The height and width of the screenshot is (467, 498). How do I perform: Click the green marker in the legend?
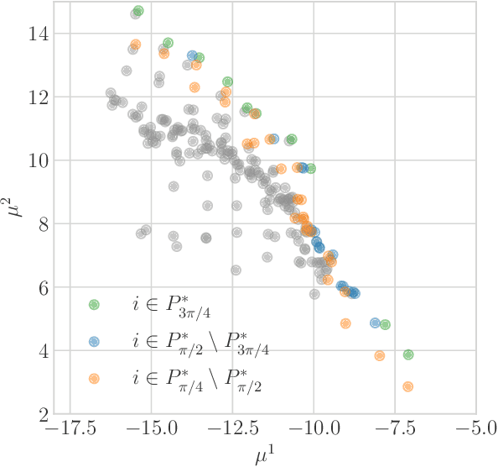point(94,305)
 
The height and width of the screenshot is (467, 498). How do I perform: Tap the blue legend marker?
point(94,342)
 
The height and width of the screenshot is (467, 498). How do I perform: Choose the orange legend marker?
point(94,379)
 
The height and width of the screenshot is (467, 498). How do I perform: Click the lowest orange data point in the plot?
point(408,386)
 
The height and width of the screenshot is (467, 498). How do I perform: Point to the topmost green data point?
point(138,11)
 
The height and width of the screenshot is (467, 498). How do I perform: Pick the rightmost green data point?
point(408,354)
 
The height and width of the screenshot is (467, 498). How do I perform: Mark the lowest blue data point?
point(375,323)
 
